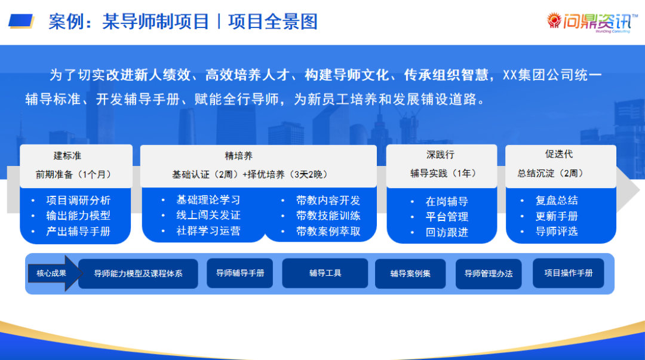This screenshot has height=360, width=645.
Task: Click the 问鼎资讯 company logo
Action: click(588, 22)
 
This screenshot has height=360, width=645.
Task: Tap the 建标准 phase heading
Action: click(67, 156)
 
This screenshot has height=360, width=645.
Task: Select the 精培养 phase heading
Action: click(238, 156)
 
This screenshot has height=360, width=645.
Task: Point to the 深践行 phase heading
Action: click(440, 155)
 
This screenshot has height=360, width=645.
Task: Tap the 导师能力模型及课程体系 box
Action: click(138, 273)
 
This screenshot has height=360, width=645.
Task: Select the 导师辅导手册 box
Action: click(239, 273)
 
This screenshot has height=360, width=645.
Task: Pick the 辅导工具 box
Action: click(325, 273)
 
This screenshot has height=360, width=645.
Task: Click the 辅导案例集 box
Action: click(410, 273)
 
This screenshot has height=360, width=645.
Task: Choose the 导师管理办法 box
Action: click(488, 273)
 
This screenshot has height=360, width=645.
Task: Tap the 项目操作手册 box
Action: click(568, 273)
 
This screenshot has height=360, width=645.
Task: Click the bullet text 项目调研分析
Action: click(78, 201)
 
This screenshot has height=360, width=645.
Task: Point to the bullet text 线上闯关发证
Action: click(208, 215)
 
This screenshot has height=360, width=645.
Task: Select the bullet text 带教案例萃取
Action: click(328, 231)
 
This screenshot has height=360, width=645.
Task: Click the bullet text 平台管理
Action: click(447, 217)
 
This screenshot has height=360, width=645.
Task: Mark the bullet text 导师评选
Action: click(557, 231)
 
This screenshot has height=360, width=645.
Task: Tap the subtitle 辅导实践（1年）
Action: click(443, 174)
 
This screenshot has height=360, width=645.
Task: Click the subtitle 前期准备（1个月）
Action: click(73, 174)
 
